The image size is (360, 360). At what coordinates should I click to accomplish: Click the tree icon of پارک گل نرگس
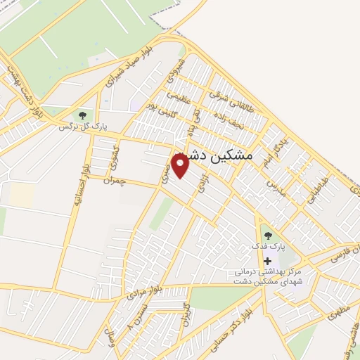83,115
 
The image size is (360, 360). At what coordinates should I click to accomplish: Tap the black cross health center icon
267,260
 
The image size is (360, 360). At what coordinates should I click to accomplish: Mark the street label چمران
112,181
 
